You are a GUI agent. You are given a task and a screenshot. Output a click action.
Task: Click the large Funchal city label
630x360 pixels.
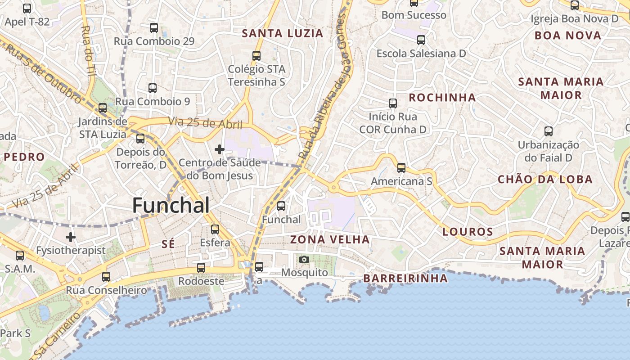tap(171, 206)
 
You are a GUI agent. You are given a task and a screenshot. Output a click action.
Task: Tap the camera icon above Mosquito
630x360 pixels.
tap(304, 259)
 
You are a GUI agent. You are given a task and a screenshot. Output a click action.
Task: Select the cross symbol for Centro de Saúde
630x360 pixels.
tap(220, 149)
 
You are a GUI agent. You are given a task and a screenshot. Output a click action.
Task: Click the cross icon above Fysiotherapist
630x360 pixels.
tap(71, 237)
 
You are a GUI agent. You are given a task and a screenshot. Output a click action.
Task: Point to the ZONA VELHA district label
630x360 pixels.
tap(330, 239)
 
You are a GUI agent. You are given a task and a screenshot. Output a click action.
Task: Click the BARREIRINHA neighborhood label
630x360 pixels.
tap(405, 279)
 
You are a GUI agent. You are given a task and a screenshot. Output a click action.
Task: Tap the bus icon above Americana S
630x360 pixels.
tap(401, 168)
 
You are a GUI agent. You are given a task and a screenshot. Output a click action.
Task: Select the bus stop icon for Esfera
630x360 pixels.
tap(215, 229)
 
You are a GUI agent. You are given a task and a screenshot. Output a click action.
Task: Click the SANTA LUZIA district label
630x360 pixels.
tap(283, 33)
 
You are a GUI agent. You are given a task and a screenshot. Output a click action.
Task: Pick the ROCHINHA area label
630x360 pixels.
tap(442, 98)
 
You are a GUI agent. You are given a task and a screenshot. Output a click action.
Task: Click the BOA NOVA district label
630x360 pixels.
tap(568, 36)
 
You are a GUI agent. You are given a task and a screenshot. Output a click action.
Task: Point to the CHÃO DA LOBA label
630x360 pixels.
tap(545, 180)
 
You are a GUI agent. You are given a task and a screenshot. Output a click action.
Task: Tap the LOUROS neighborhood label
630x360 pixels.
tap(468, 232)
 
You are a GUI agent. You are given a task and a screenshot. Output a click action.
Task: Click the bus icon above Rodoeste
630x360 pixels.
tap(201, 268)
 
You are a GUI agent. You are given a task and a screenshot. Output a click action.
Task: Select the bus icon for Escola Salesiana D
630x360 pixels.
tap(421, 40)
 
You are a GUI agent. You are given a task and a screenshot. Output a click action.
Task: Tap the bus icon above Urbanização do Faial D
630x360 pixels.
tap(549, 131)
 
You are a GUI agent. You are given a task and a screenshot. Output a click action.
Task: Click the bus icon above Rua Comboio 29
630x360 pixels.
tap(154, 28)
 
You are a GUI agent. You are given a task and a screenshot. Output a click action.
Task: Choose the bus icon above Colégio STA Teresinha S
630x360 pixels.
tap(256, 56)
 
